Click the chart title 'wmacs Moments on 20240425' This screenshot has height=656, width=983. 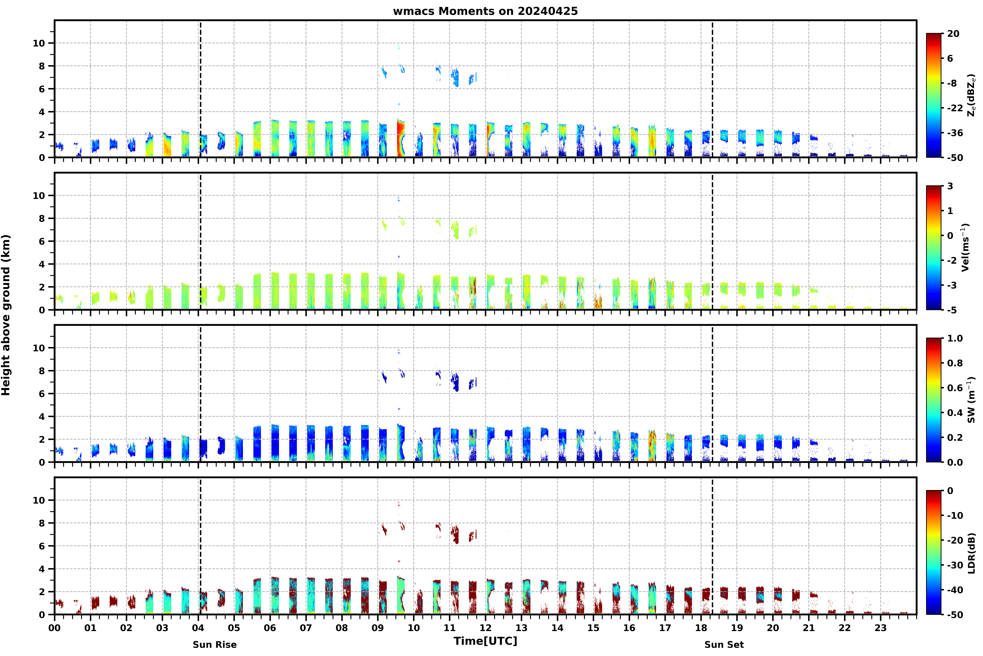click(x=485, y=11)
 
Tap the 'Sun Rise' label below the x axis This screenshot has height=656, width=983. click(x=215, y=645)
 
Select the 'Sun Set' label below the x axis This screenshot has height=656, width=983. click(x=724, y=645)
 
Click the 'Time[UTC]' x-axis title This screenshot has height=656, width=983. click(x=485, y=641)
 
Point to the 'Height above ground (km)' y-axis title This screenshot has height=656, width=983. click(x=6, y=315)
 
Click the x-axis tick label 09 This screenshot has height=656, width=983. click(x=378, y=628)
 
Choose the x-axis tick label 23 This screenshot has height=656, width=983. click(x=880, y=628)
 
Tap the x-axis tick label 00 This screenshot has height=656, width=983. click(x=54, y=628)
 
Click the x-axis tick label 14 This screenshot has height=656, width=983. click(x=557, y=628)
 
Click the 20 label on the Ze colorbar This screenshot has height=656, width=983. click(x=953, y=34)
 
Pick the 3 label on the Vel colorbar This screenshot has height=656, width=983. click(x=950, y=186)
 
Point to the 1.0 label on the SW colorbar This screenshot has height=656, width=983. click(x=955, y=339)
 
